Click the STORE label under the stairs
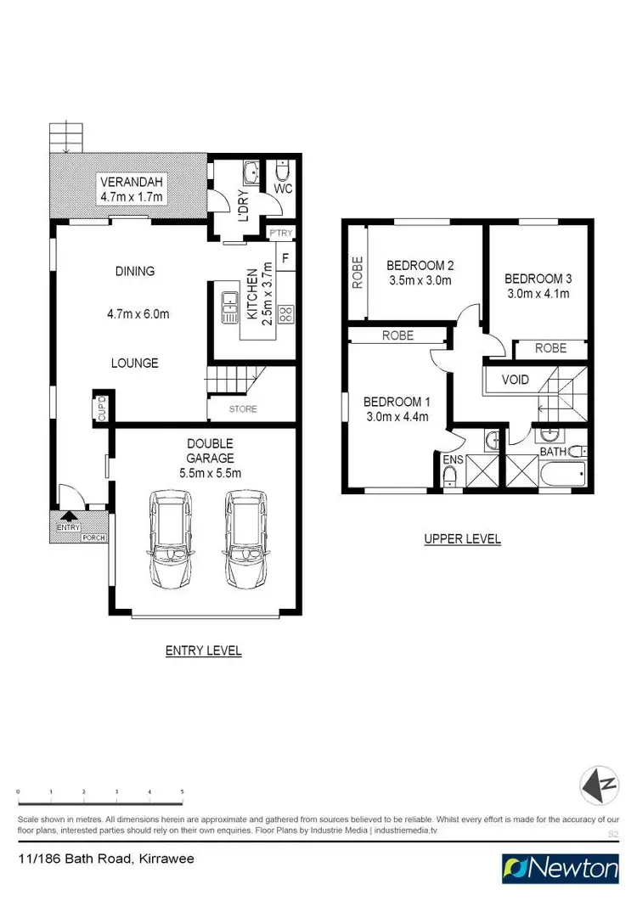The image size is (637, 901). pos(242,409)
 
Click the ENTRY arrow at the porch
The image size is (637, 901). pos(68,515)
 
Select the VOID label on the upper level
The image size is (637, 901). pos(515,380)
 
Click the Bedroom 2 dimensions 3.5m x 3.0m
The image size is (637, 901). pos(419,281)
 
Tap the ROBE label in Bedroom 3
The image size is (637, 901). pos(551,348)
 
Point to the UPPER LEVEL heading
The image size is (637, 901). pos(463,538)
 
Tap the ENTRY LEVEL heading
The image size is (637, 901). pos(203,650)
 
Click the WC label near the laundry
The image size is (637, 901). pos(283,189)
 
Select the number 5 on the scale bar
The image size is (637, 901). pos(182,791)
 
